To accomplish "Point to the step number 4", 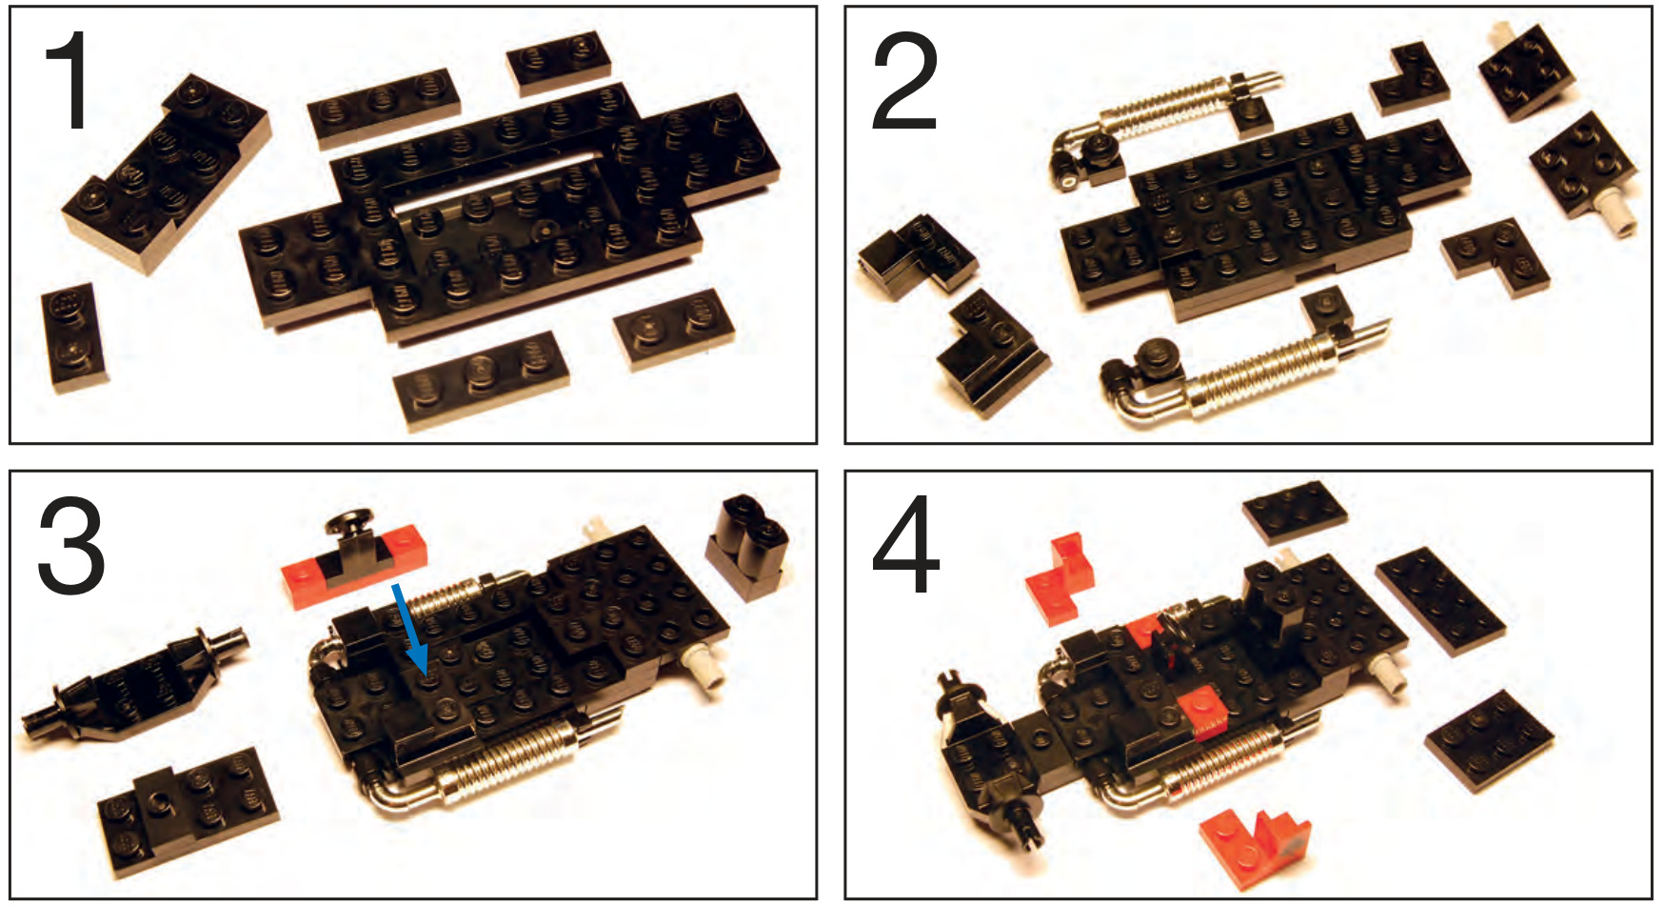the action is pos(906,545).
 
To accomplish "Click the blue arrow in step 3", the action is pos(409,628).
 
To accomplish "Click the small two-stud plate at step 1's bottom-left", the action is pos(74,337).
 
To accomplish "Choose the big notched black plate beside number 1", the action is pos(167,171).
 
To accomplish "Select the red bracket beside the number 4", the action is pos(1060,578).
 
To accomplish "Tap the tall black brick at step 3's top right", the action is pos(748,547).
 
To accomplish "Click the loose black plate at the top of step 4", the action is pos(1295,513).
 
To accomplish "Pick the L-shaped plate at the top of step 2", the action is pos(1410,80).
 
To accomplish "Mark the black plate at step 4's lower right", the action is pos(1489,741).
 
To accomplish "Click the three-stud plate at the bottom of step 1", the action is pos(482,379).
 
